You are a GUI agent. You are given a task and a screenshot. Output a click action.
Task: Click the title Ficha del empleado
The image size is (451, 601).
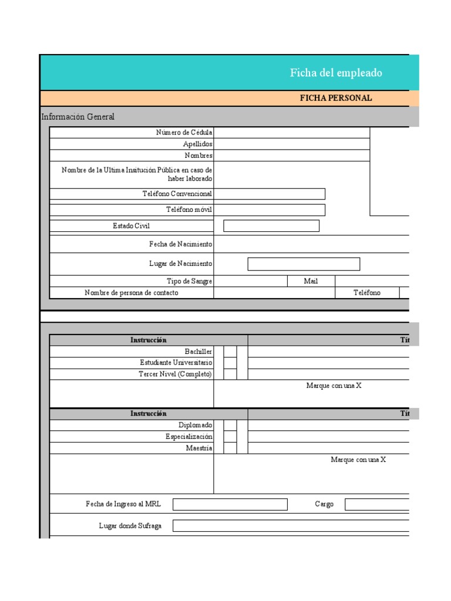click(335, 73)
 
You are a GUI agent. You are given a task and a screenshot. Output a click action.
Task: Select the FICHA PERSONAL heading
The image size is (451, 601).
click(336, 98)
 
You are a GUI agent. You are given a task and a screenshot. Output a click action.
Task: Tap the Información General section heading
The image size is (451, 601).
click(78, 117)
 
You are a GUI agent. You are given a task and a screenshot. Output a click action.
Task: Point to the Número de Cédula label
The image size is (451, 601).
click(184, 133)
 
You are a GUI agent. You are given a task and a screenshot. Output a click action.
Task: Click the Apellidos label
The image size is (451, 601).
click(197, 144)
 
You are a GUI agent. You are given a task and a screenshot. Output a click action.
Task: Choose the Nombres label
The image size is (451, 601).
click(198, 156)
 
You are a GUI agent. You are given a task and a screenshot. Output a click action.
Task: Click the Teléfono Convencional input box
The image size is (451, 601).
click(270, 194)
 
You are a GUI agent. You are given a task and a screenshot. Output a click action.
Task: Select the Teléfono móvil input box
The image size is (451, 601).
click(270, 210)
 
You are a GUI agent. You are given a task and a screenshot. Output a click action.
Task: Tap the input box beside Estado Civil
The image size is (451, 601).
click(271, 226)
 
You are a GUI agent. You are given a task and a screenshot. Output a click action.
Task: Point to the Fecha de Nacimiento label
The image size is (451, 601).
click(180, 244)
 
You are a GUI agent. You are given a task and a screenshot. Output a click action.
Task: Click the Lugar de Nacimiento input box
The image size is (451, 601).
click(304, 264)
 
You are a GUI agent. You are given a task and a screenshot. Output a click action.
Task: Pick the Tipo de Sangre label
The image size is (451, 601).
click(189, 281)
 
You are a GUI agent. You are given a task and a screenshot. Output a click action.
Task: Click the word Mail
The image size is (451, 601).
click(311, 281)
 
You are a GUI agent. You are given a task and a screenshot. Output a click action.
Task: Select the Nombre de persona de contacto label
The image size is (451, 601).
click(132, 292)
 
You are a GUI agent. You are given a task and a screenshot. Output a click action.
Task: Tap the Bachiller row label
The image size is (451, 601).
click(198, 351)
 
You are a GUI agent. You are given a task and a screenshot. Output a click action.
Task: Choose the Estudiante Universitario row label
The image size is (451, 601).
click(176, 363)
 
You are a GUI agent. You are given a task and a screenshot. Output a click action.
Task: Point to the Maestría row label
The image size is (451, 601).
click(198, 448)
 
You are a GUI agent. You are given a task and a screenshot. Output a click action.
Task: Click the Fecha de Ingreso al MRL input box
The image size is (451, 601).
click(230, 504)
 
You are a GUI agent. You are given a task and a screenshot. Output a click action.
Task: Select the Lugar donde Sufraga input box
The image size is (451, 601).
click(291, 525)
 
